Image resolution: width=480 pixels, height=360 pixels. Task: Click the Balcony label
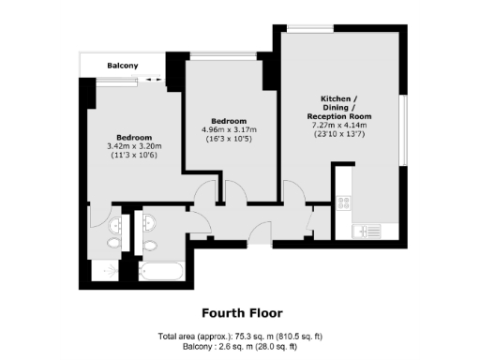123,66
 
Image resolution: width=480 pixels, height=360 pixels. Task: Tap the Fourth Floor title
242,312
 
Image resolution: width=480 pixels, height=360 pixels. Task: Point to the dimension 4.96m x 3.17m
228,129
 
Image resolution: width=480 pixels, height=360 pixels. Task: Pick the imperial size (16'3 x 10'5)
228,139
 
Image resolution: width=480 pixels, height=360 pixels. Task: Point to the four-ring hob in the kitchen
344,202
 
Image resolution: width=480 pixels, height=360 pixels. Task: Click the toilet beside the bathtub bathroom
150,246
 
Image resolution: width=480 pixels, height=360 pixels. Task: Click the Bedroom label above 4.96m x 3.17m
228,121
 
